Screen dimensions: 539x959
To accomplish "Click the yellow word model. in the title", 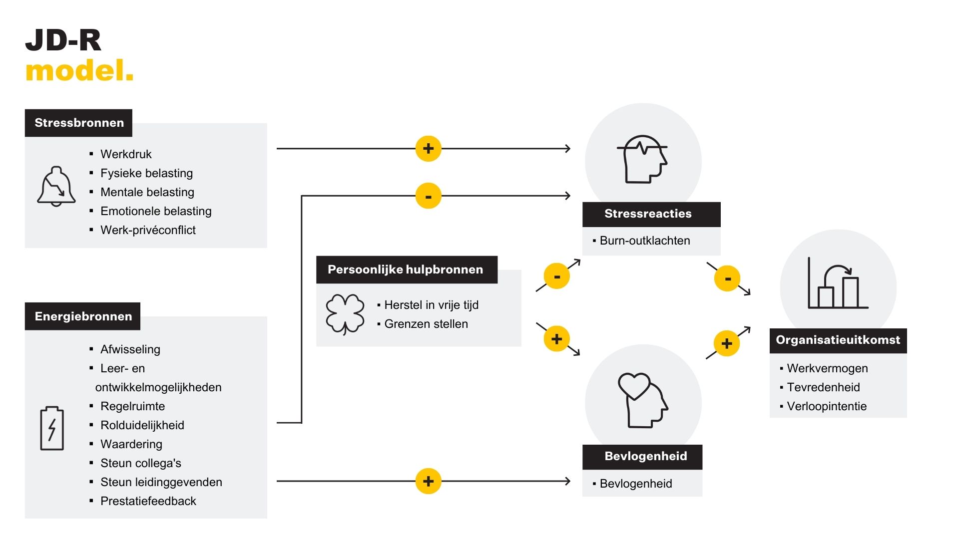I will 79,71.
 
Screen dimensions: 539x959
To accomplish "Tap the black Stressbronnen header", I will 79,123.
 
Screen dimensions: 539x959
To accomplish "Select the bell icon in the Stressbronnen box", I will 56,186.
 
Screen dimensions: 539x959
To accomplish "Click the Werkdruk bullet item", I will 126,154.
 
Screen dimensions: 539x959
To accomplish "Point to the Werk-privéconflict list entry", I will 148,230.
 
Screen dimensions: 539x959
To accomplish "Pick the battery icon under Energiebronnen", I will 52,428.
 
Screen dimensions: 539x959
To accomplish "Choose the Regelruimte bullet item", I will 132,406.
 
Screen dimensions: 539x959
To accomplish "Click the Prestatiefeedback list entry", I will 148,501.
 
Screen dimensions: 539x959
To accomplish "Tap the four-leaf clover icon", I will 345,314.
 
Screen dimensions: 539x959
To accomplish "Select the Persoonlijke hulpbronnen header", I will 406,269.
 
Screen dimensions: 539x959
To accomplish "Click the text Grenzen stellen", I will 426,324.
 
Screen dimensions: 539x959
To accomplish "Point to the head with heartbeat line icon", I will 643,159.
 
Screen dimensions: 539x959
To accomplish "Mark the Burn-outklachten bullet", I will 644,241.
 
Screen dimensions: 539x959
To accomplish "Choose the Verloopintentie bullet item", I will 827,406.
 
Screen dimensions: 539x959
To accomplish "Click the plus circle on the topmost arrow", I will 429,149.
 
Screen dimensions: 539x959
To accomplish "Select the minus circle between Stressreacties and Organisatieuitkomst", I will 727,278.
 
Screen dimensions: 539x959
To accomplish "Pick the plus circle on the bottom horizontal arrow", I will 429,481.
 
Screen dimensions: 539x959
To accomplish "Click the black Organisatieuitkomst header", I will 838,340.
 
